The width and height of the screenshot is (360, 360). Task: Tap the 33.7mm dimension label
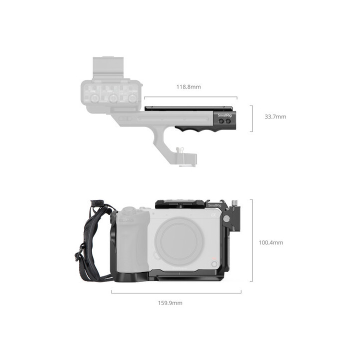point(275,116)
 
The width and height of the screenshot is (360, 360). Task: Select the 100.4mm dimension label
point(270,242)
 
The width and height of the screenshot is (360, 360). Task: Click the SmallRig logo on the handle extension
point(224,115)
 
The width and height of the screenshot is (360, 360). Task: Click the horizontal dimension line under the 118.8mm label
point(190,98)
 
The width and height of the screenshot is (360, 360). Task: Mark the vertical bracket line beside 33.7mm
point(251,118)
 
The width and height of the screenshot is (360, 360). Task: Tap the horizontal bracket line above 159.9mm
point(176,292)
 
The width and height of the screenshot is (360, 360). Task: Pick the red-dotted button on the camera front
point(214,263)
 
